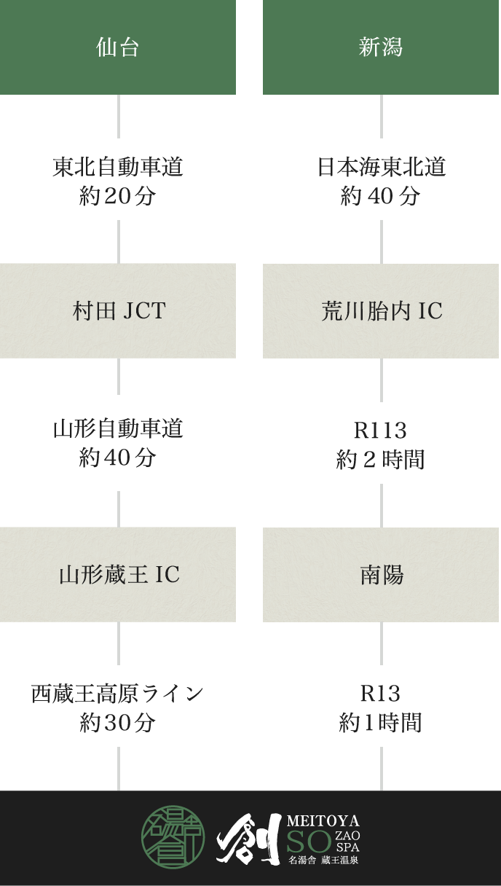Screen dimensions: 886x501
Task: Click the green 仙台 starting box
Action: coord(118,47)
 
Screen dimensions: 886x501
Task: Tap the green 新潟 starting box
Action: coord(381,47)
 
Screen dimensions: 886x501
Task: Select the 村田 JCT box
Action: coord(118,311)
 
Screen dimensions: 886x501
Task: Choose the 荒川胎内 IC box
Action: coord(381,311)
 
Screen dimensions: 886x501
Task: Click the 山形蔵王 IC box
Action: coord(118,575)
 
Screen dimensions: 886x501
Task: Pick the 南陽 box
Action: coord(381,575)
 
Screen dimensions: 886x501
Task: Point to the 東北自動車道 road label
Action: coord(118,168)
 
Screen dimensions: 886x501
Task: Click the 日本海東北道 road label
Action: coord(381,168)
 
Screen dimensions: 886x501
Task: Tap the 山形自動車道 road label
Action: coord(118,429)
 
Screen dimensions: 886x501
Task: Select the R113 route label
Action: coord(380,431)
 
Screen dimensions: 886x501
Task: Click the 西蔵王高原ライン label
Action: coord(118,693)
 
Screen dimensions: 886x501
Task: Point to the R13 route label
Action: coord(380,693)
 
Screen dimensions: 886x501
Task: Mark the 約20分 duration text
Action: coord(118,196)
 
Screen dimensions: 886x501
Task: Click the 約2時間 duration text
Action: coord(380,460)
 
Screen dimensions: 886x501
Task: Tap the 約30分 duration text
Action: coord(118,723)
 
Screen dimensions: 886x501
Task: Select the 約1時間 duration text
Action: coord(380,723)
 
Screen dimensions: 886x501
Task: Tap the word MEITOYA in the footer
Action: coord(323,821)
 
